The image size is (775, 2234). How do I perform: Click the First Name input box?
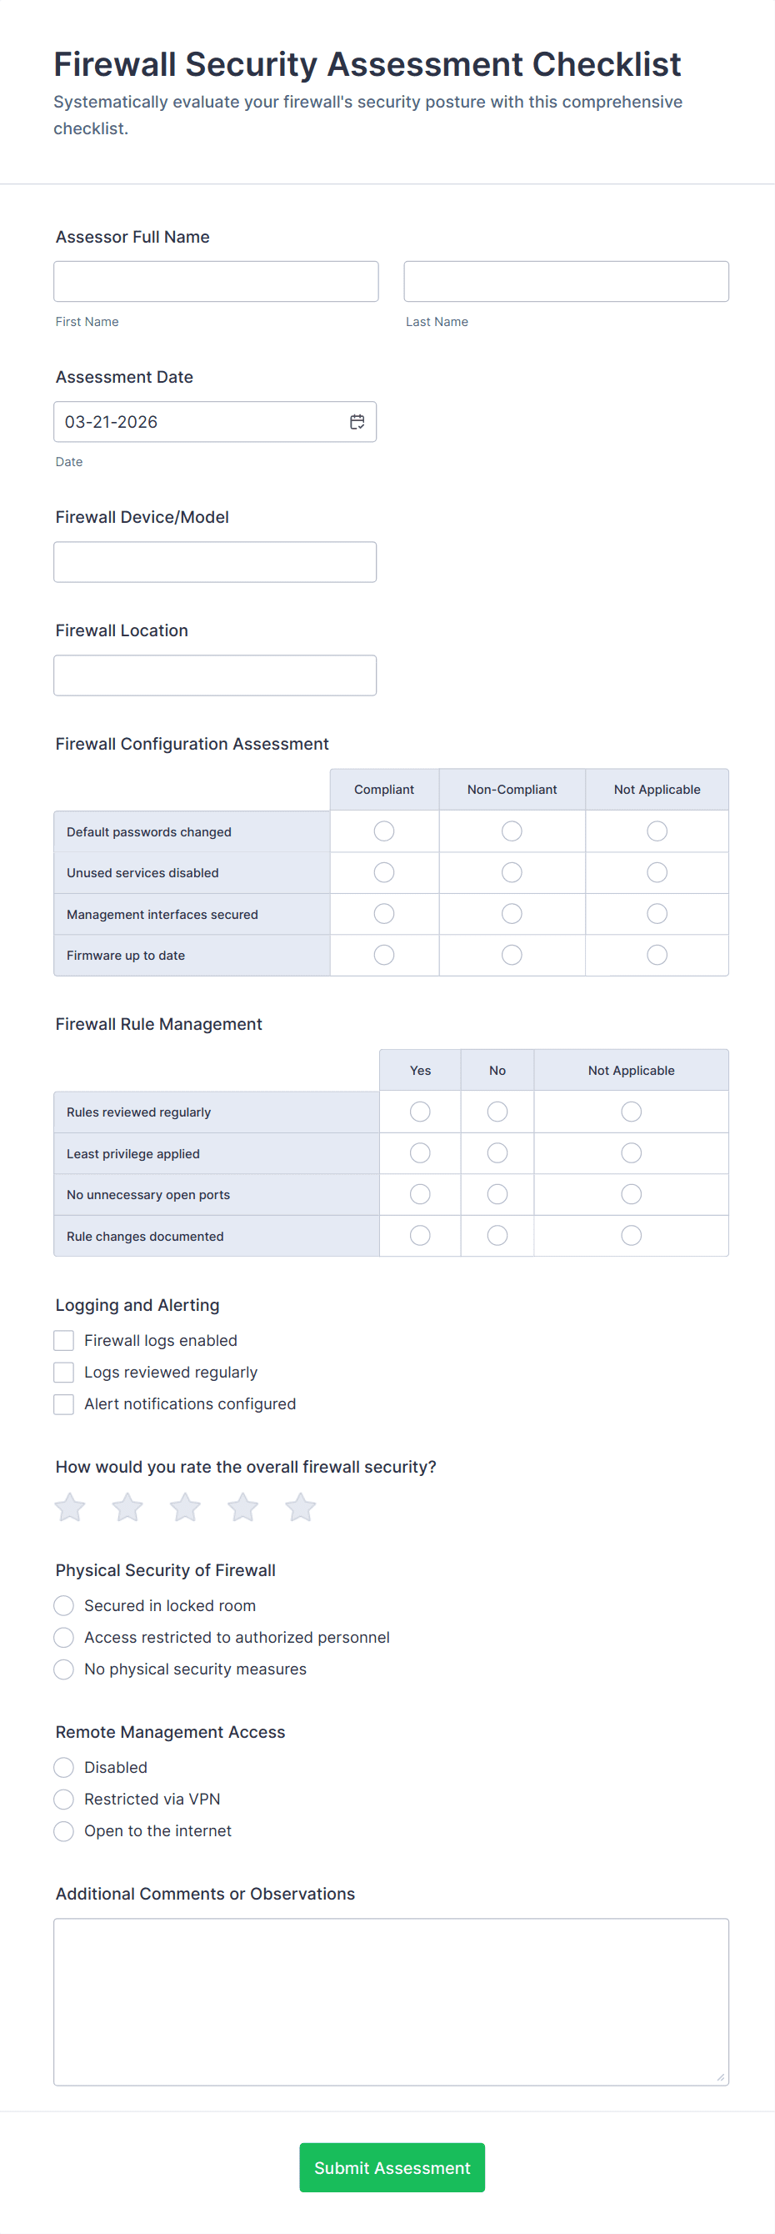(216, 281)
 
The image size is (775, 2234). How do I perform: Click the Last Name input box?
(565, 281)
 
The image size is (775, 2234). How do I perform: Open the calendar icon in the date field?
(357, 421)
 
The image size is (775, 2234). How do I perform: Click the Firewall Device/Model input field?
(215, 562)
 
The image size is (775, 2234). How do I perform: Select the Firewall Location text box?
(215, 675)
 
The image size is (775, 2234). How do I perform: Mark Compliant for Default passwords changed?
(384, 831)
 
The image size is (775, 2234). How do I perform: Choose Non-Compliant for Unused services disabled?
(512, 872)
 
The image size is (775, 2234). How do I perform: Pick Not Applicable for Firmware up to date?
(657, 955)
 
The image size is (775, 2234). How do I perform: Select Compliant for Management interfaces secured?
(384, 913)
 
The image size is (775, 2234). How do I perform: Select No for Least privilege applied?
(497, 1152)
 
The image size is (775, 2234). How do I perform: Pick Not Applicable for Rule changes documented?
(631, 1235)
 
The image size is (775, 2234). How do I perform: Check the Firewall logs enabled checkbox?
(64, 1340)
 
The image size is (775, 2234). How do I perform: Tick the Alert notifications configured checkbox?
(64, 1403)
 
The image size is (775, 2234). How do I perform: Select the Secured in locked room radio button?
(64, 1605)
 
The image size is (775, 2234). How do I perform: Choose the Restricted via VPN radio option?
(64, 1799)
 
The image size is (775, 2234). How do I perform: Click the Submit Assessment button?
(392, 2167)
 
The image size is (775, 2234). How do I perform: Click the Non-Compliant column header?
(512, 789)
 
